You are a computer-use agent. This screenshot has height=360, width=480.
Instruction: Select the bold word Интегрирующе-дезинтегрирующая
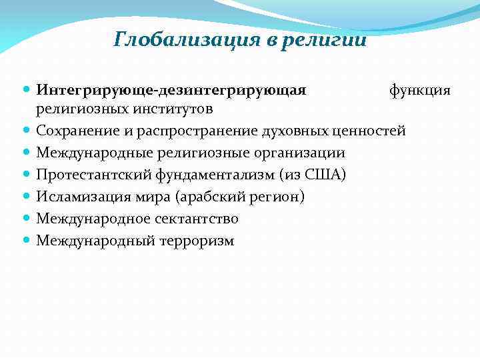point(171,89)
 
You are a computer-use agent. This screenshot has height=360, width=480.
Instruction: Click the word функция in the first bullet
point(420,89)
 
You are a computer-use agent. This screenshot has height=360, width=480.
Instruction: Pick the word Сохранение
point(77,131)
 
